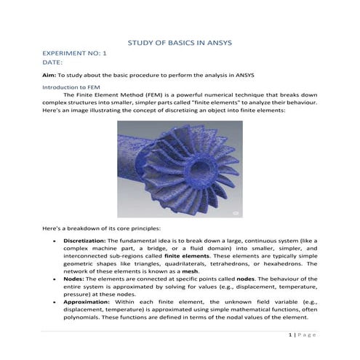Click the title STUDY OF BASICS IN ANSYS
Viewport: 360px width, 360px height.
click(x=180, y=44)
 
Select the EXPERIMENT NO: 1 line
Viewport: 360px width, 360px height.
click(x=76, y=55)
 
